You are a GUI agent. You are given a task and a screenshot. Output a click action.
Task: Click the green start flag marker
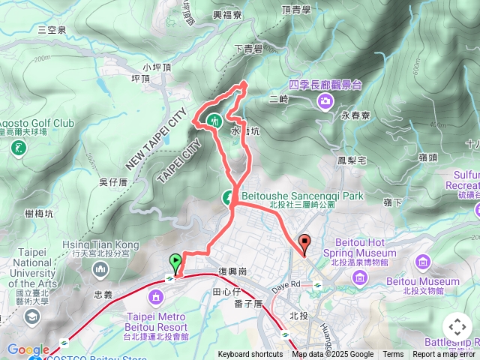tap(175, 263)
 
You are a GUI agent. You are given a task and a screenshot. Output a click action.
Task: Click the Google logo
tap(28, 349)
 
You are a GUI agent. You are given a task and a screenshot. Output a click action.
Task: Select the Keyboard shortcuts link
tap(250, 355)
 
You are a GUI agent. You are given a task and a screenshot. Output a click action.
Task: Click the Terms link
tap(393, 355)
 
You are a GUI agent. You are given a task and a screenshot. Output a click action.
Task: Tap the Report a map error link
tap(444, 355)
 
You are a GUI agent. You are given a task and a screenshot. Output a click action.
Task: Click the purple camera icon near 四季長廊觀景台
tap(325, 100)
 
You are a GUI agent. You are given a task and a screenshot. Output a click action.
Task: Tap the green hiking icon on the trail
tap(214, 118)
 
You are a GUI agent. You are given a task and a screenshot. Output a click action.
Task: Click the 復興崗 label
tap(232, 270)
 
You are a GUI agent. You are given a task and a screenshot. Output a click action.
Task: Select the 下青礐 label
tap(247, 49)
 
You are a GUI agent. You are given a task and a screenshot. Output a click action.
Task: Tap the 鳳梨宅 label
tap(351, 160)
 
